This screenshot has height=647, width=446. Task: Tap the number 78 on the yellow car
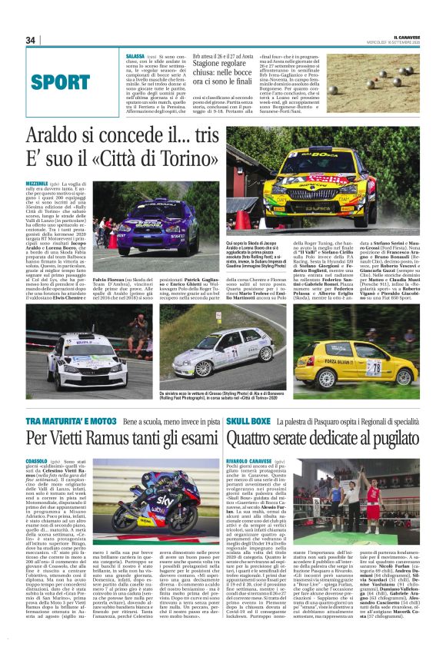(373, 367)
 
